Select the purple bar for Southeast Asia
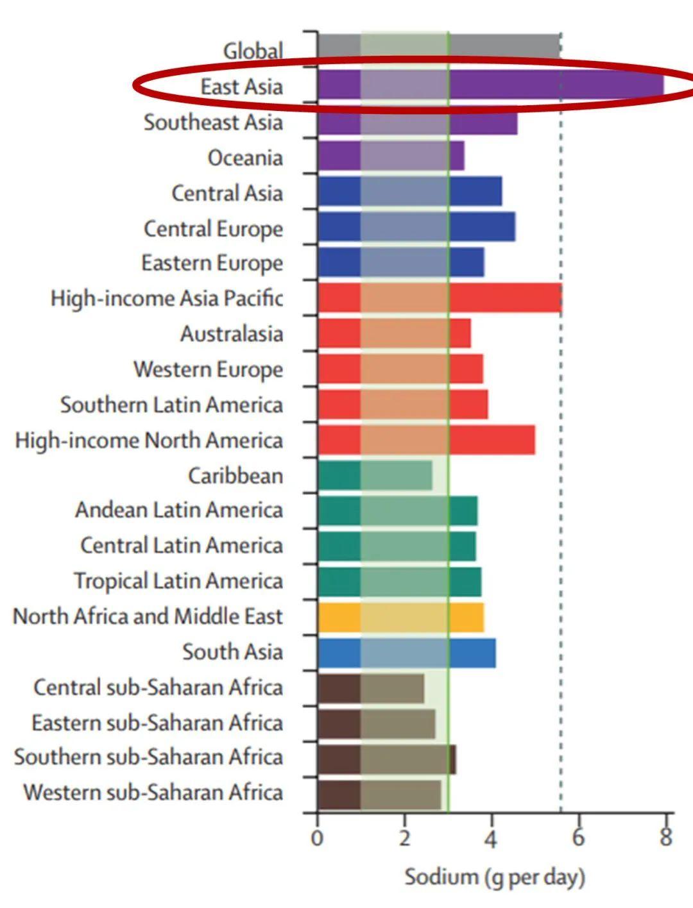[x=417, y=122]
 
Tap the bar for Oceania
[x=391, y=156]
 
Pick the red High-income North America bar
[x=426, y=440]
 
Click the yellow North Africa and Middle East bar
[x=400, y=617]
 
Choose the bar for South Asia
[x=406, y=653]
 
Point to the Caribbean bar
[x=375, y=476]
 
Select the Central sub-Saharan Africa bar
[x=370, y=688]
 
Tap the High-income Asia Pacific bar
[x=440, y=298]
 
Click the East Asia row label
[x=241, y=87]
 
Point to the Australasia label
[x=231, y=334]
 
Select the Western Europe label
[x=208, y=370]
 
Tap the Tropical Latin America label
[x=178, y=582]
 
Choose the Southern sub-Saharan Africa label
[x=148, y=757]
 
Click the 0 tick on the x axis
[x=317, y=839]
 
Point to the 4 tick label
[x=491, y=839]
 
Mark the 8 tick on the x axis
[x=665, y=837]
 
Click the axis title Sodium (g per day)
[x=494, y=877]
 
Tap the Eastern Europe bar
[x=400, y=262]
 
